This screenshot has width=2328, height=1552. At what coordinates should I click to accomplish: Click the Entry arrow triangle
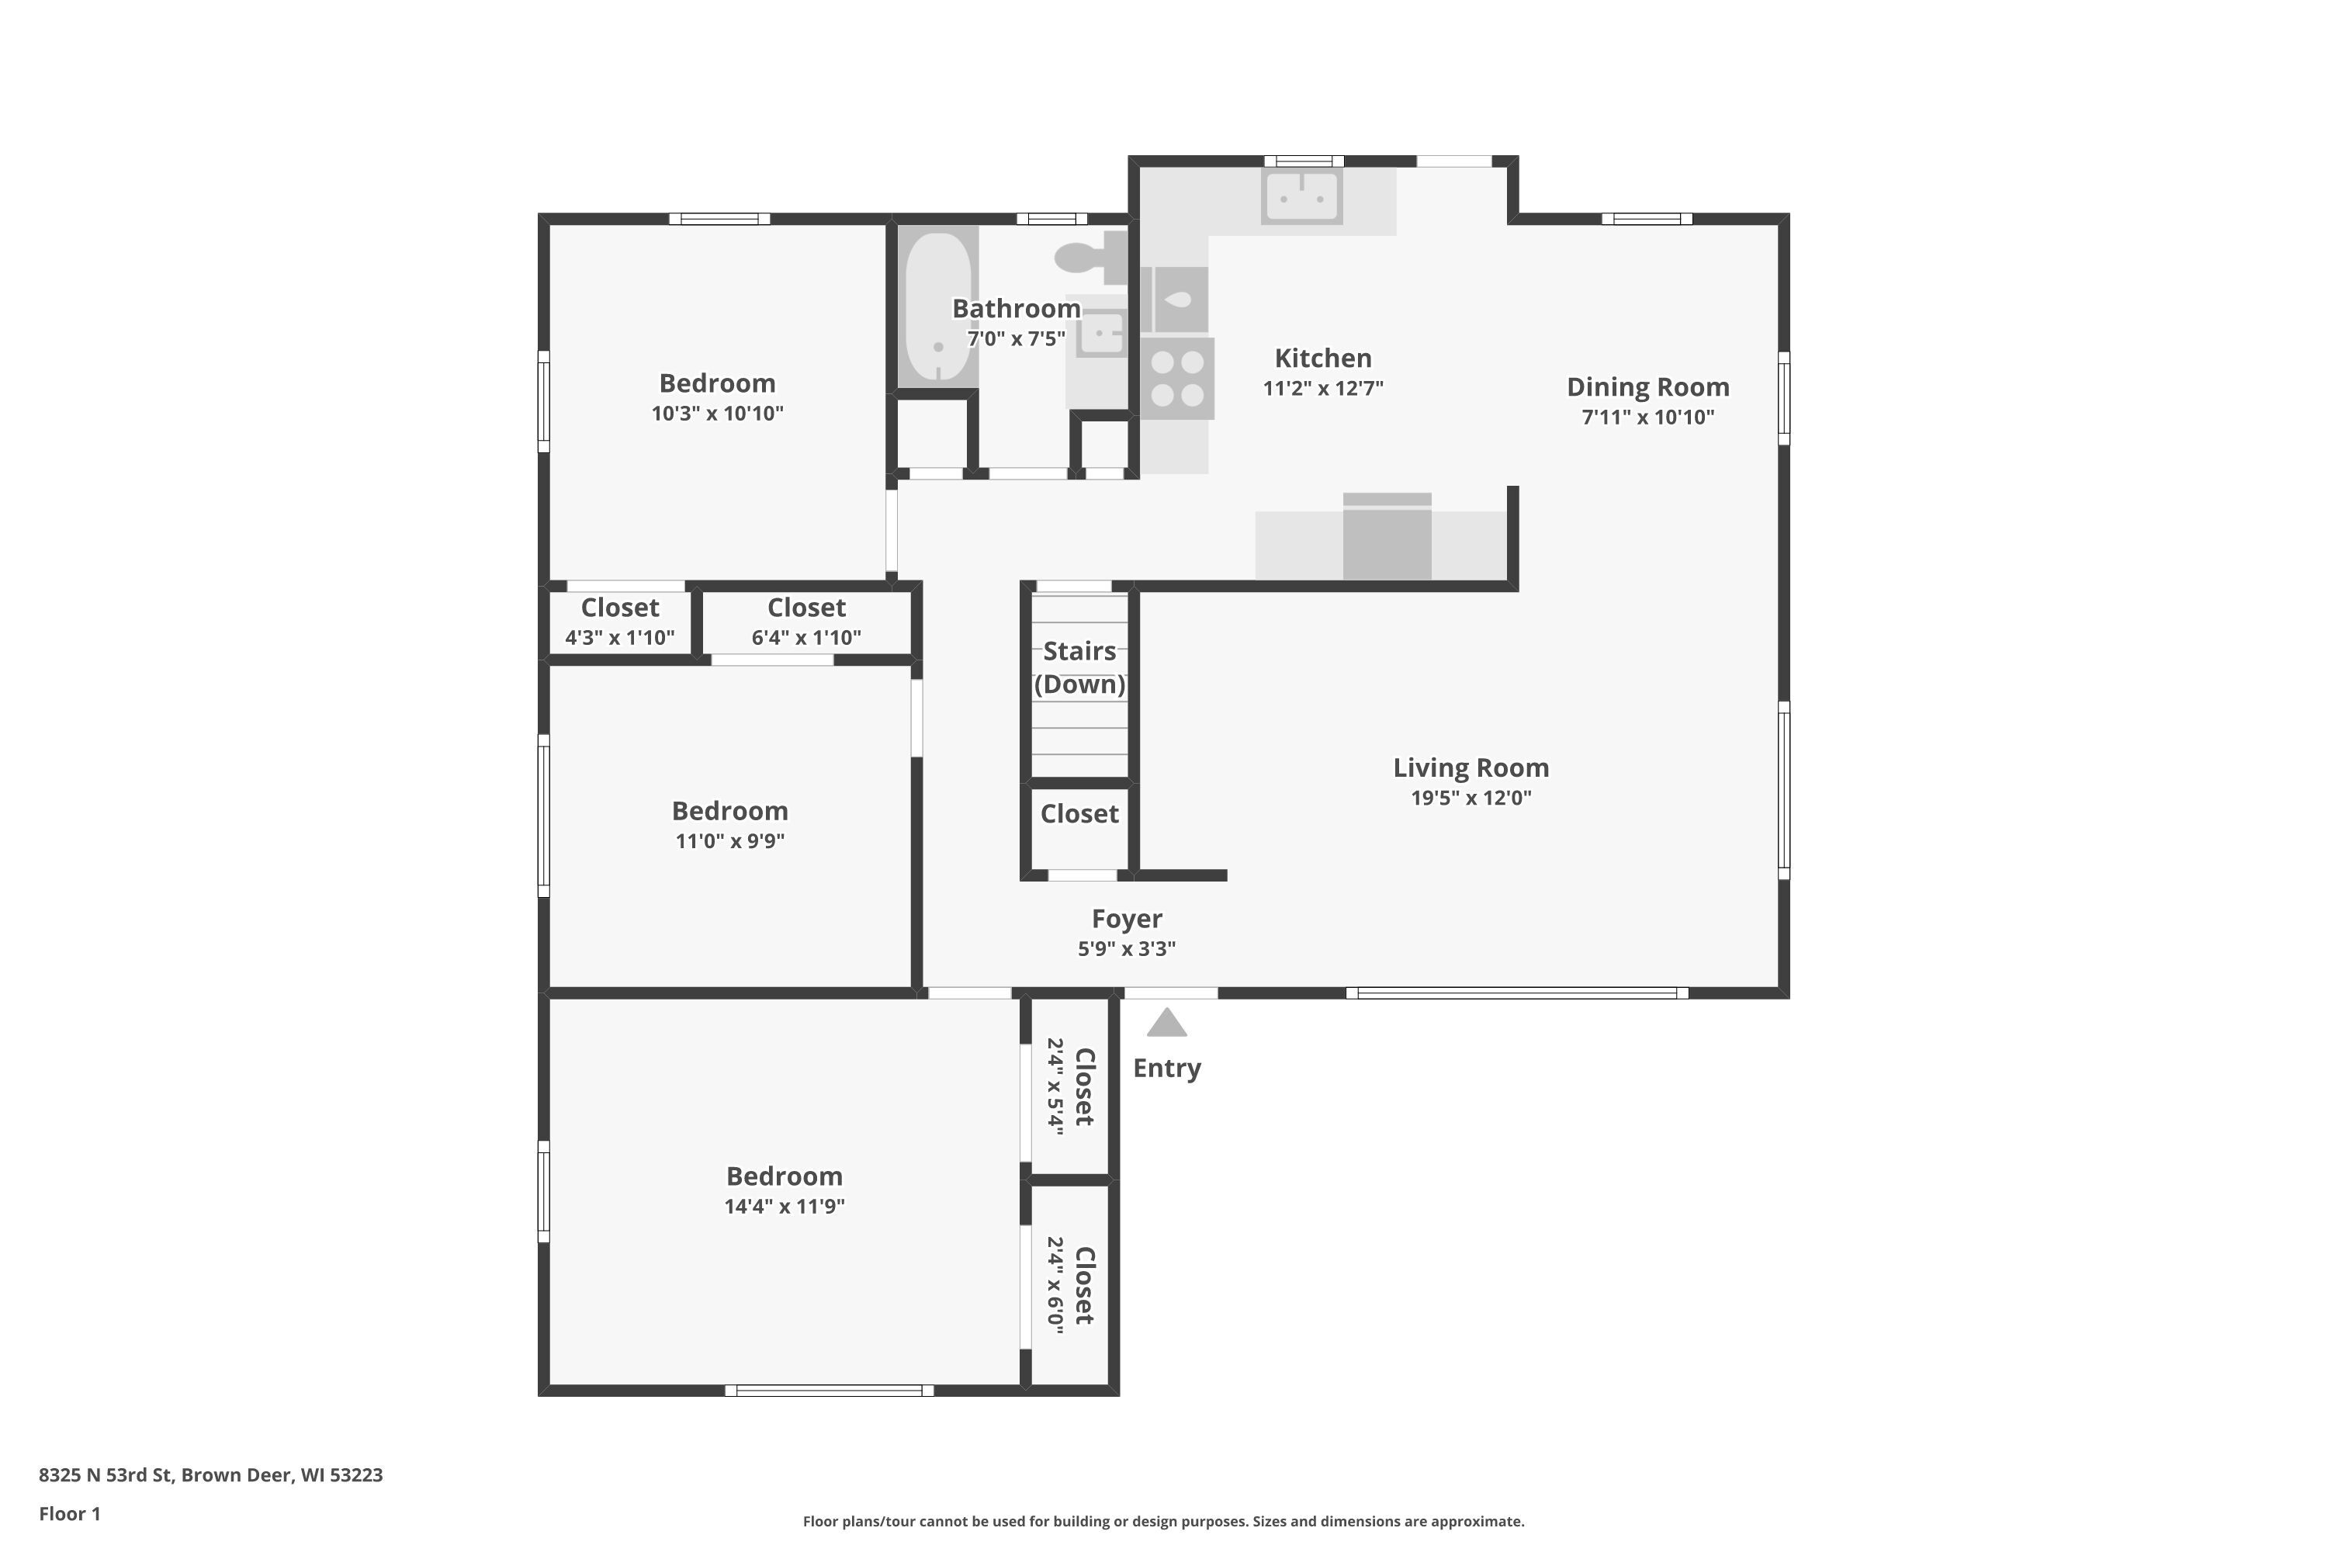click(1167, 1024)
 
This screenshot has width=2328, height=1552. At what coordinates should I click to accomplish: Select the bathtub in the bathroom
click(938, 307)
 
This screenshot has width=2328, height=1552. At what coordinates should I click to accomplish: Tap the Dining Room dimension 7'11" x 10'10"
click(1648, 417)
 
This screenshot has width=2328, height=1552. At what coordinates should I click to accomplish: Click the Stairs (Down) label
click(1080, 668)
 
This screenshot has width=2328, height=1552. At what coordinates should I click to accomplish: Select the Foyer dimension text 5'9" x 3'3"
click(1127, 949)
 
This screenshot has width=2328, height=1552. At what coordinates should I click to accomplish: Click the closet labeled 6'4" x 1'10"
click(807, 622)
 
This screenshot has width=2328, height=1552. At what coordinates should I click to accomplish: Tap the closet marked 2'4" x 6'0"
click(1070, 1285)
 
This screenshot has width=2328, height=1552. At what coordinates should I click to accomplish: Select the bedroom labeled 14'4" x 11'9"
click(784, 1190)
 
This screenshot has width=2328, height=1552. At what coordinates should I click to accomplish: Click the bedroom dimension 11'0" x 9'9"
click(730, 841)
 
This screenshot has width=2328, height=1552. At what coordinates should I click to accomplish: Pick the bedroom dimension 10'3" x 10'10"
click(718, 414)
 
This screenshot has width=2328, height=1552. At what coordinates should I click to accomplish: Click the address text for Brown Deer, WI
click(211, 1475)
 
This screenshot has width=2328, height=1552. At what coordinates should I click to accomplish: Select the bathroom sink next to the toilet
click(1100, 333)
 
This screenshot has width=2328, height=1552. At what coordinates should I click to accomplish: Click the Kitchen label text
click(1323, 359)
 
